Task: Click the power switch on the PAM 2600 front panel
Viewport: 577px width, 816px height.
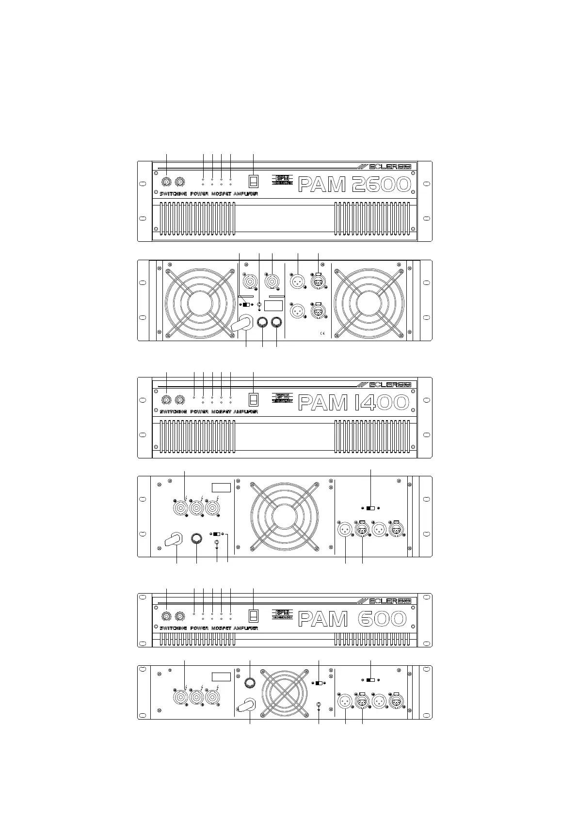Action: click(x=254, y=181)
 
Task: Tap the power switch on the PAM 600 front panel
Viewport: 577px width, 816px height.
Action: click(x=254, y=615)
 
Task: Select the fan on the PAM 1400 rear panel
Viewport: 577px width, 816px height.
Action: click(x=284, y=516)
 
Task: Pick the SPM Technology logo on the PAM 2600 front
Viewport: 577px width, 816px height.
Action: click(x=282, y=180)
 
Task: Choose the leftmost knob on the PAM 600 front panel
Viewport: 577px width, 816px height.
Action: click(x=166, y=616)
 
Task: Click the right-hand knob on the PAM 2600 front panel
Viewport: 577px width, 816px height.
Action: click(x=180, y=182)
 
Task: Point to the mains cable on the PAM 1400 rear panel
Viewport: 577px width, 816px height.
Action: click(x=173, y=539)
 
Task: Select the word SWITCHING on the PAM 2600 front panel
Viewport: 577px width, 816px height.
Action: click(x=173, y=194)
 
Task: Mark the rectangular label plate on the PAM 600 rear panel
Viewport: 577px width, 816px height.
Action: click(x=221, y=677)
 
